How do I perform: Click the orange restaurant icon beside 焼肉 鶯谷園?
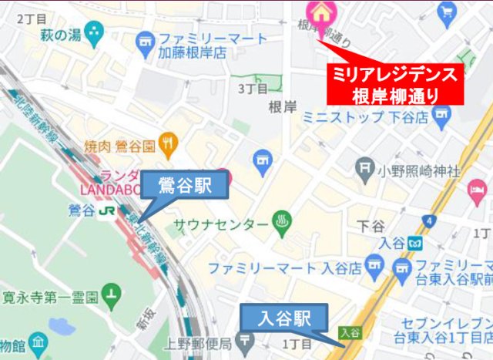(x=169, y=143)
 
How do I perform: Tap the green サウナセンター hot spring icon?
(x=282, y=224)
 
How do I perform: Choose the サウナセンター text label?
(x=220, y=225)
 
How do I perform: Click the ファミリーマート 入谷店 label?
(x=285, y=268)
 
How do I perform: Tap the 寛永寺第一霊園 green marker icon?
(x=114, y=294)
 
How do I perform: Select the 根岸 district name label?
(x=282, y=107)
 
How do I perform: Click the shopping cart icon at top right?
(x=447, y=12)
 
